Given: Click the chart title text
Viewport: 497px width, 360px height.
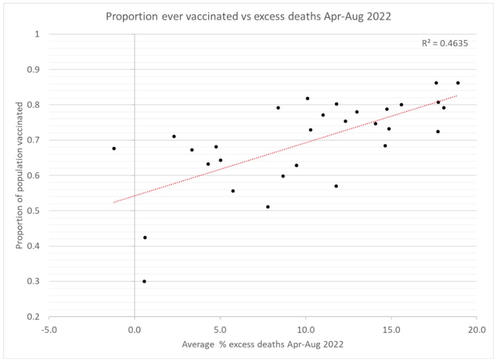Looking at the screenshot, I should tap(248, 16).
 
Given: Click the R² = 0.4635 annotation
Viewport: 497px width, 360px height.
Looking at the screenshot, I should tap(445, 43).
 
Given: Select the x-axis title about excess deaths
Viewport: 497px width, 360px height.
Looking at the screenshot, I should tap(263, 345).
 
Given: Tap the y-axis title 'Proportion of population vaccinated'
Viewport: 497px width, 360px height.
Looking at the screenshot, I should tap(19, 175).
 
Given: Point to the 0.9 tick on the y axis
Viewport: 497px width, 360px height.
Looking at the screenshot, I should tap(33, 69).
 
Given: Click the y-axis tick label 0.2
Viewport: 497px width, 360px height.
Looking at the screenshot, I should tap(33, 317).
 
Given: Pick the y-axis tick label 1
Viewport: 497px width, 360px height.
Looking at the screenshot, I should tap(37, 34).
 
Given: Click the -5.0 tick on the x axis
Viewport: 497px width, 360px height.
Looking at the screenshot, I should tap(49, 330).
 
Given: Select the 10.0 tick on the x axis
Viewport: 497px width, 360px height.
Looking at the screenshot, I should tap(305, 330).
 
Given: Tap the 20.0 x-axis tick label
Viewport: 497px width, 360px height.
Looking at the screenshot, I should tap(476, 330).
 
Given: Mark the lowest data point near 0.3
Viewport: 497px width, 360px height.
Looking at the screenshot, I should tap(144, 281).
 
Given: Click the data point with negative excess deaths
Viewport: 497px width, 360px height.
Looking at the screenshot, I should tap(114, 148).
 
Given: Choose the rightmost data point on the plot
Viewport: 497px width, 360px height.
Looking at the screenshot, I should tap(458, 83).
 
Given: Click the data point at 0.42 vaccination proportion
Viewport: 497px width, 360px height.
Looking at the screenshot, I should tap(145, 238).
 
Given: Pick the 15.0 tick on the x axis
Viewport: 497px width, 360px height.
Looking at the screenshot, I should tap(391, 330).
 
